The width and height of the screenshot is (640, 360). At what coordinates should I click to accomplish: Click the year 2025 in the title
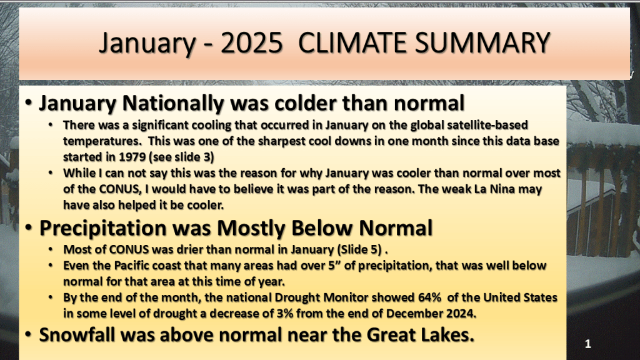[251, 42]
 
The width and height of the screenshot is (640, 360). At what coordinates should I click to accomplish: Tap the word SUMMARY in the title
[483, 42]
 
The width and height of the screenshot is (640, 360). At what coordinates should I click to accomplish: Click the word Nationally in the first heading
[173, 103]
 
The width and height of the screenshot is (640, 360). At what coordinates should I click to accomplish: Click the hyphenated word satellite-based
[486, 124]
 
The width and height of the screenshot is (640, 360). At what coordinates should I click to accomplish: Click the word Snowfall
[77, 335]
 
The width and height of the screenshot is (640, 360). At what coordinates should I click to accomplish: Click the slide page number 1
[587, 344]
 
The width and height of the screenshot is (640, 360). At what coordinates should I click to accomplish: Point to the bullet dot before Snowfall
[28, 334]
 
